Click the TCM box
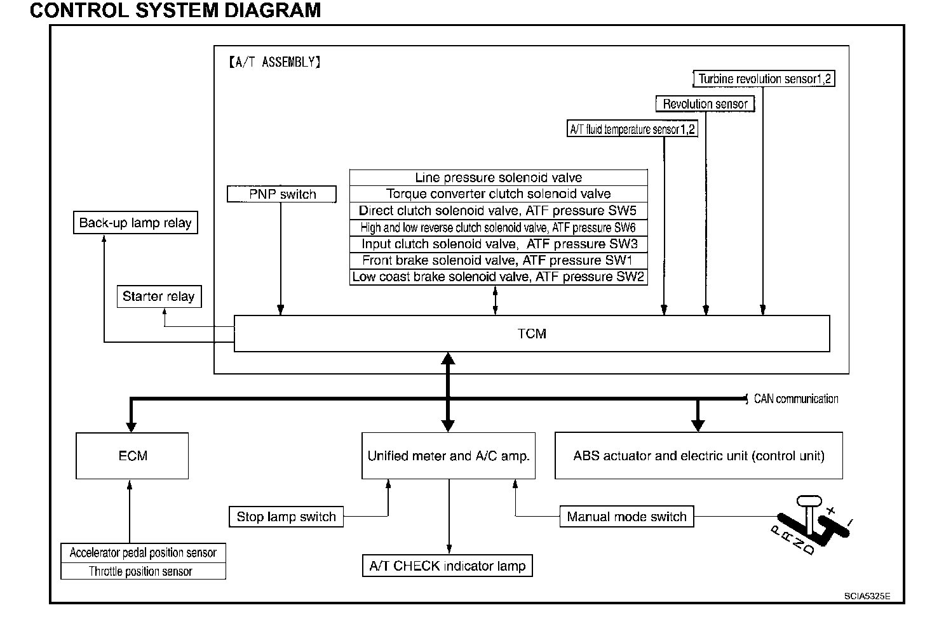tap(532, 333)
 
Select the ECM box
tap(132, 456)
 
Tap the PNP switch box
tap(281, 194)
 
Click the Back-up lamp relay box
tap(135, 223)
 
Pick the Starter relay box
tap(159, 296)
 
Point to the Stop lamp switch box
tap(286, 517)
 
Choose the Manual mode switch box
tap(626, 517)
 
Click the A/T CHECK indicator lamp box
tap(448, 566)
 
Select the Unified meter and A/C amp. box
tap(449, 456)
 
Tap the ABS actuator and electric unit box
tap(699, 456)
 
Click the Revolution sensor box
tap(705, 103)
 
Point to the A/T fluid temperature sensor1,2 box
tap(632, 129)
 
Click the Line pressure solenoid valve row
tap(499, 178)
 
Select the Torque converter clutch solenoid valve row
tap(499, 194)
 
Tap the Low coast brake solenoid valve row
tap(499, 277)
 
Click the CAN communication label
tap(796, 399)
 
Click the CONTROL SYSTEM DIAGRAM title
tap(175, 10)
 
